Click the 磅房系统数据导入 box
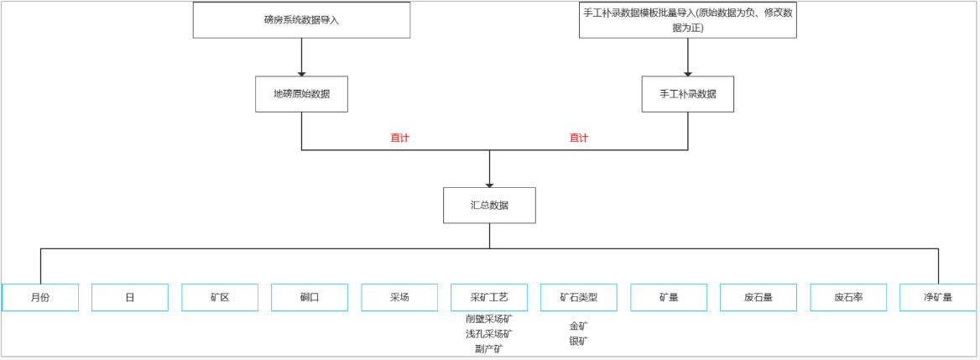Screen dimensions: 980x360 point(301,20)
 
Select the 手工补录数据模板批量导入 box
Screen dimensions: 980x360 point(687,20)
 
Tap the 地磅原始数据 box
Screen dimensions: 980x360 point(302,94)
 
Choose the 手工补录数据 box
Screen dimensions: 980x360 point(688,94)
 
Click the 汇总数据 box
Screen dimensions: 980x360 point(489,205)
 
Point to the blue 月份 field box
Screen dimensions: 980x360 point(40,298)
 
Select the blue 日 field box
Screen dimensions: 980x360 point(130,298)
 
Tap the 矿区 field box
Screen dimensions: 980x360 point(220,298)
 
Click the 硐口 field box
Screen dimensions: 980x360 point(310,298)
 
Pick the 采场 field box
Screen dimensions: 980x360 point(399,298)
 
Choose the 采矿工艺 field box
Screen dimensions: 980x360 point(489,298)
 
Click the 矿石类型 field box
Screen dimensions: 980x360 point(579,298)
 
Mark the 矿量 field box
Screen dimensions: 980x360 point(669,298)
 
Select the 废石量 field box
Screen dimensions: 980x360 point(758,298)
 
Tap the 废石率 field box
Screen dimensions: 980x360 point(848,298)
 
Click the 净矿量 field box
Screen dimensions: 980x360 point(938,298)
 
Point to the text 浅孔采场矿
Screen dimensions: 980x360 point(489,334)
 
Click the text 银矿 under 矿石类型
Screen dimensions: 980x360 point(579,342)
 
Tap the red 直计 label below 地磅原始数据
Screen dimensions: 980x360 point(399,138)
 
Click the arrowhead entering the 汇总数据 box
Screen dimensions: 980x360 point(489,185)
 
